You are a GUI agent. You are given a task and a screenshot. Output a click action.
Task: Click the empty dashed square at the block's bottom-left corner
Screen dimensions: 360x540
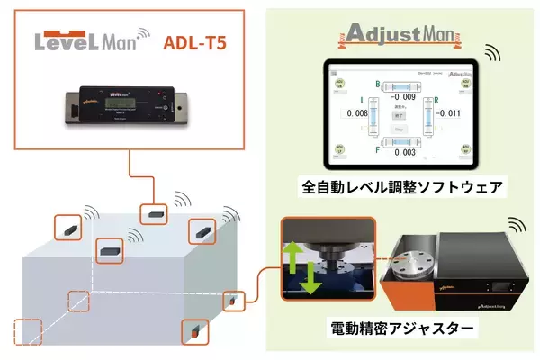[x=26, y=333]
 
